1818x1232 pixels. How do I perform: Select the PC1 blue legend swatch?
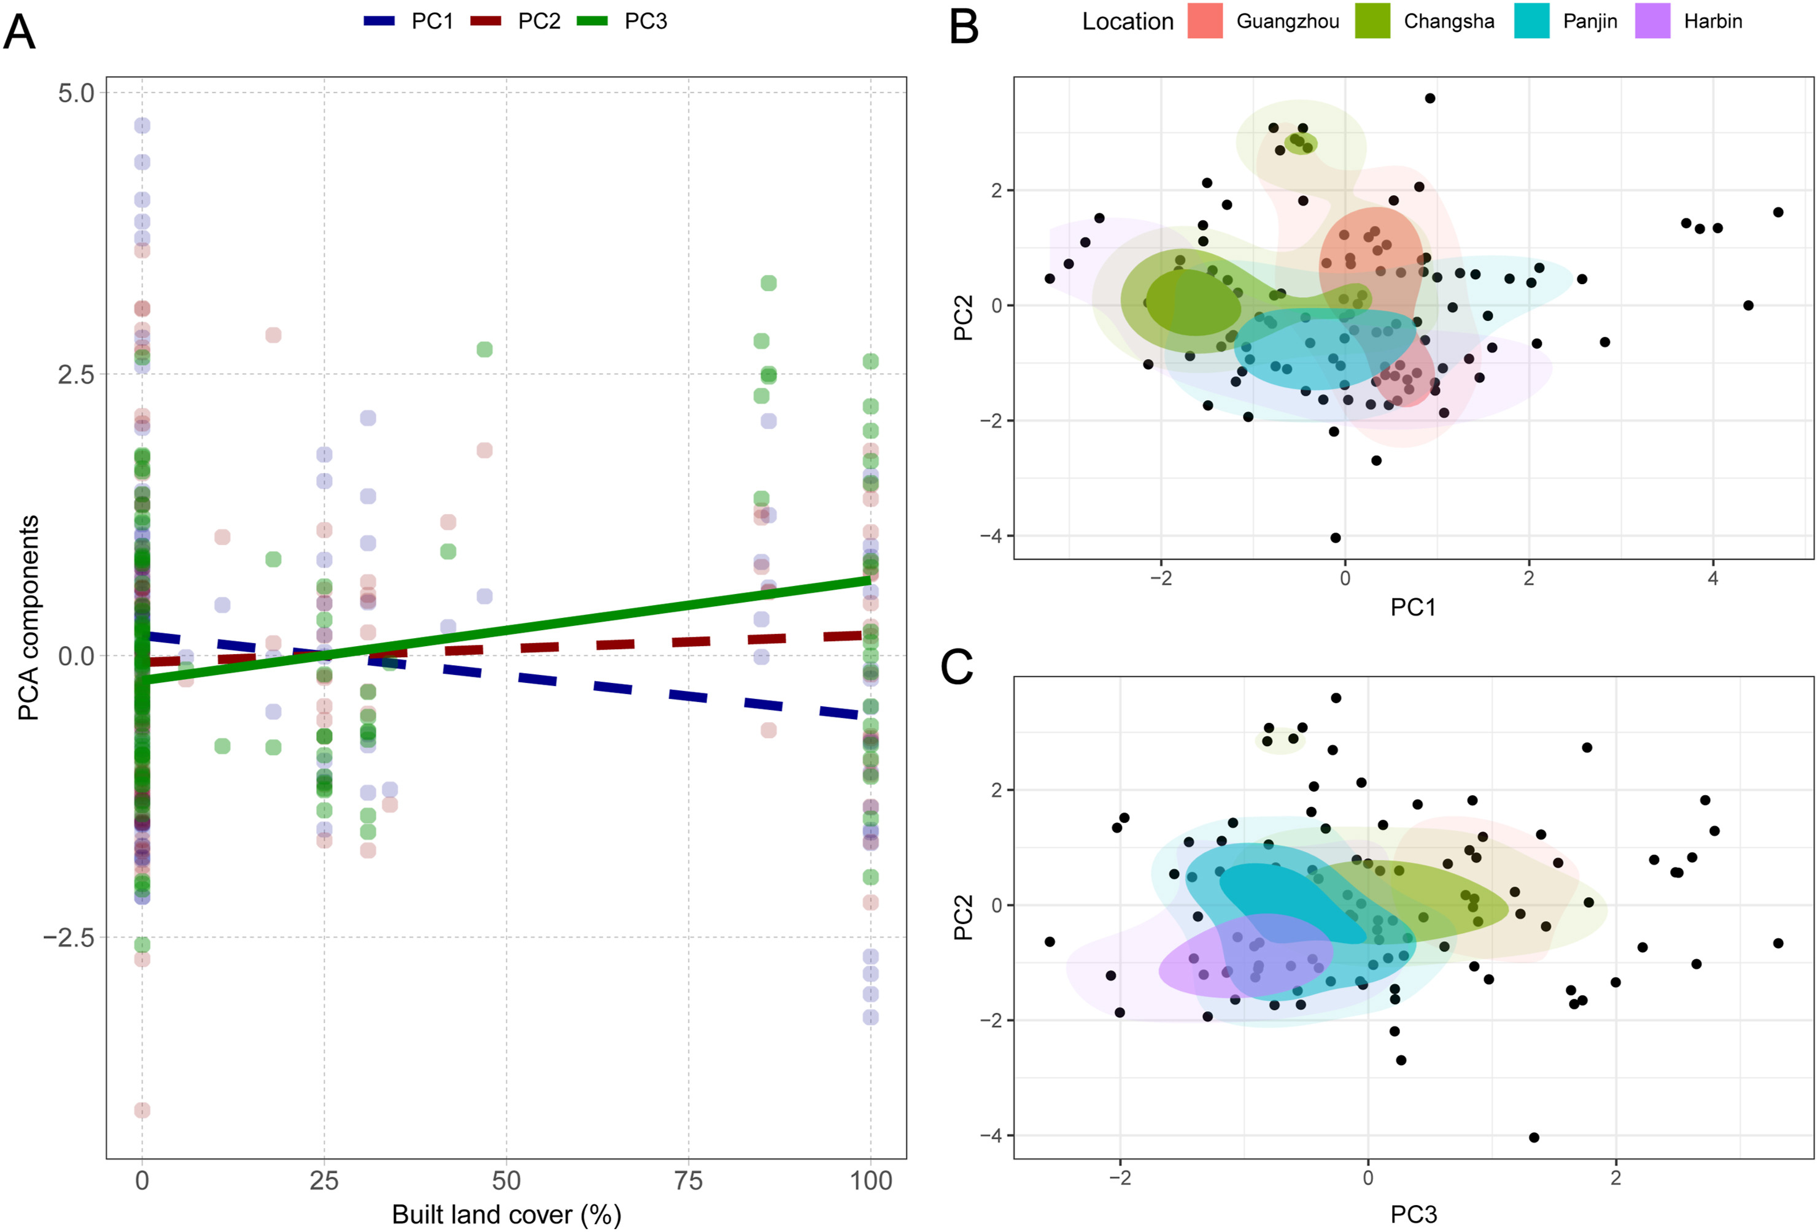coord(379,21)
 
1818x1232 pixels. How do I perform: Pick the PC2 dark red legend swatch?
coord(485,21)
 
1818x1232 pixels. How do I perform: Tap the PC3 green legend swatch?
coord(592,21)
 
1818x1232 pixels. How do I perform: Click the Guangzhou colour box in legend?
coord(1205,21)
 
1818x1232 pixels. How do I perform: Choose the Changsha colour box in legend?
coord(1372,21)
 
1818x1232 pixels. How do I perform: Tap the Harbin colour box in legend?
coord(1652,21)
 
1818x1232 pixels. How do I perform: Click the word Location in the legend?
coord(1128,22)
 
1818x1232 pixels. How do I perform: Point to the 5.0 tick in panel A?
coord(76,93)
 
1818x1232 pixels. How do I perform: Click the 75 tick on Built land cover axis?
coord(689,1180)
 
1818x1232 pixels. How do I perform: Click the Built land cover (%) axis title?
coord(506,1214)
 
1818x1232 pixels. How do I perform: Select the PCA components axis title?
coord(28,618)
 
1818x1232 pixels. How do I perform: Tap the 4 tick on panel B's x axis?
coord(1712,579)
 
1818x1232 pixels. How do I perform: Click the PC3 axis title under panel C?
coord(1413,1214)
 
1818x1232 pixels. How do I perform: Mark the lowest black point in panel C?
coord(1534,1138)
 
